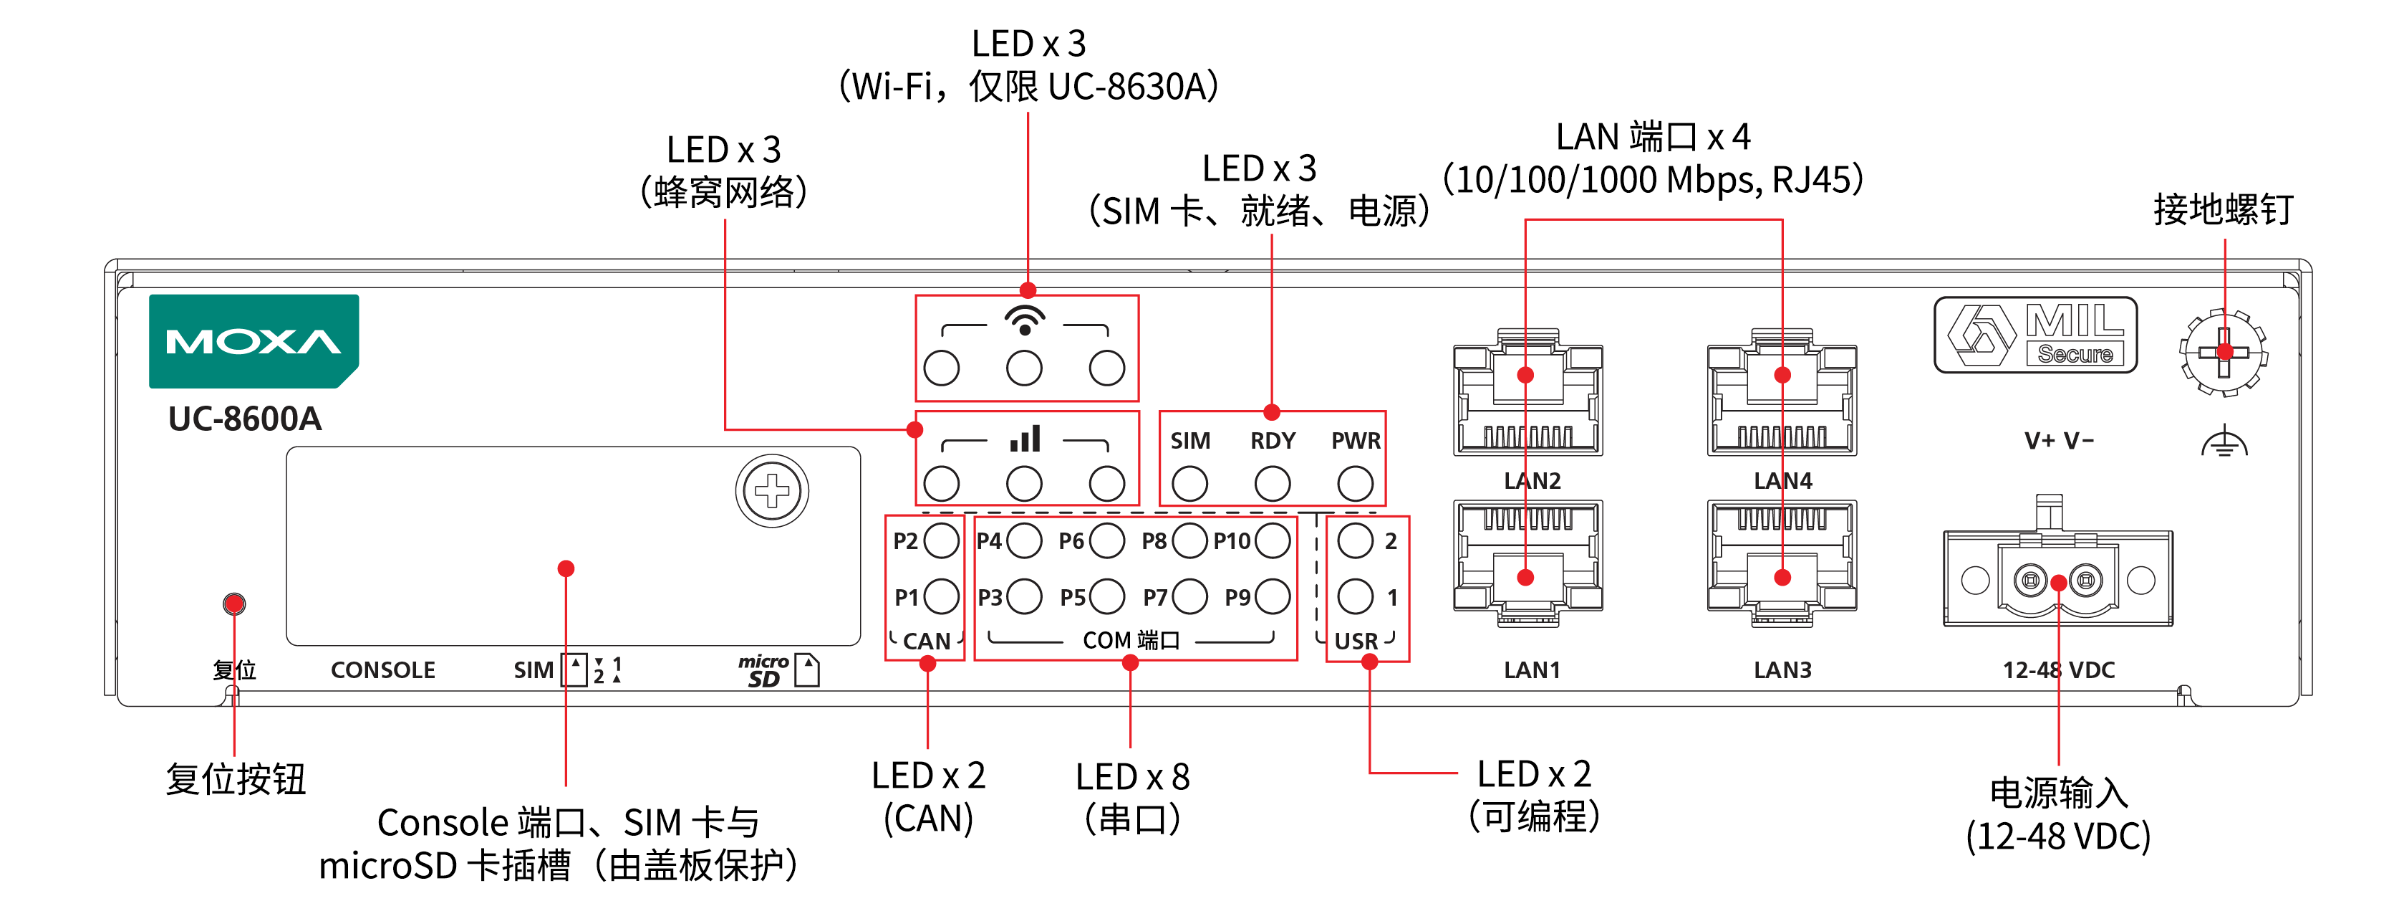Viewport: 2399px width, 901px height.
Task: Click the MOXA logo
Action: click(x=254, y=341)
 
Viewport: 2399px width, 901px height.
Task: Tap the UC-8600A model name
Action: click(x=245, y=419)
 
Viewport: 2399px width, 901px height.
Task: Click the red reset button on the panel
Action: click(x=233, y=604)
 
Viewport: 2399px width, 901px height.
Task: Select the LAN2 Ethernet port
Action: click(x=1527, y=392)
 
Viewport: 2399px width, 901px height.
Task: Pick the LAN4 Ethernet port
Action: click(x=1782, y=392)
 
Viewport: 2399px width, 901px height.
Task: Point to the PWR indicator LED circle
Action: click(x=1355, y=484)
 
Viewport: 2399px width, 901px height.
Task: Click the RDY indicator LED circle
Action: click(x=1272, y=484)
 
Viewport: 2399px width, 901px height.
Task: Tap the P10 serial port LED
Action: click(x=1272, y=540)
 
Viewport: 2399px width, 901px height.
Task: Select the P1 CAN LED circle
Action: click(x=942, y=596)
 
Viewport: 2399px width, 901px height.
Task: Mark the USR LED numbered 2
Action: click(x=1355, y=540)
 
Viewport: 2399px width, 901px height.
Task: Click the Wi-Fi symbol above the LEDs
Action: click(x=1025, y=320)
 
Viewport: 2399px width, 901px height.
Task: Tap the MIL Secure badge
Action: click(x=2035, y=335)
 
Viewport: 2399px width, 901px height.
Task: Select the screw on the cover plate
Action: click(x=772, y=491)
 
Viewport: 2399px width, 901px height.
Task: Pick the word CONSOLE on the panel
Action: click(x=382, y=670)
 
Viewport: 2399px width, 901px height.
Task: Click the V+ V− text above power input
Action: click(x=2059, y=441)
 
